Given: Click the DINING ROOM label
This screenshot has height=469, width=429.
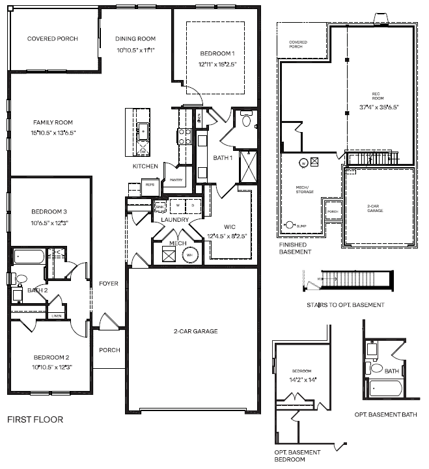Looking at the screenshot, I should click(x=135, y=38).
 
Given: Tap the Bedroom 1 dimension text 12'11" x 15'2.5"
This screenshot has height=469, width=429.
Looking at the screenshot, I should click(x=217, y=64).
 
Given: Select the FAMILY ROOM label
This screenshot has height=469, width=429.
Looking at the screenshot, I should click(x=53, y=122).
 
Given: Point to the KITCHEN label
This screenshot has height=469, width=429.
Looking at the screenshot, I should click(x=145, y=167).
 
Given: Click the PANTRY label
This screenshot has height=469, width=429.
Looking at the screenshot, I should click(x=175, y=180).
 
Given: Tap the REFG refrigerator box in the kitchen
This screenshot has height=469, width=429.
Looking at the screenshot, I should click(x=150, y=185).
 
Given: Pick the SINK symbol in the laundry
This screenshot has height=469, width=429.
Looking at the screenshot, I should click(x=160, y=206).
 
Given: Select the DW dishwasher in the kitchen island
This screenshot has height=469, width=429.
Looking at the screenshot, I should click(x=143, y=151).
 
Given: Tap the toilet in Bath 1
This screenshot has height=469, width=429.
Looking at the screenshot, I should click(x=246, y=120).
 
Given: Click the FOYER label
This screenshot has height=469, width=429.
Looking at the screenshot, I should click(x=108, y=284).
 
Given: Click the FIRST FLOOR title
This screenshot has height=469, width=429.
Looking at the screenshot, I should click(x=35, y=420).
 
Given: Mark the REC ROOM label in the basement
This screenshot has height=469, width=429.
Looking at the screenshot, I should click(x=374, y=98).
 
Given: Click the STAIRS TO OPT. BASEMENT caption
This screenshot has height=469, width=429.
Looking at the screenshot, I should click(x=344, y=305).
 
